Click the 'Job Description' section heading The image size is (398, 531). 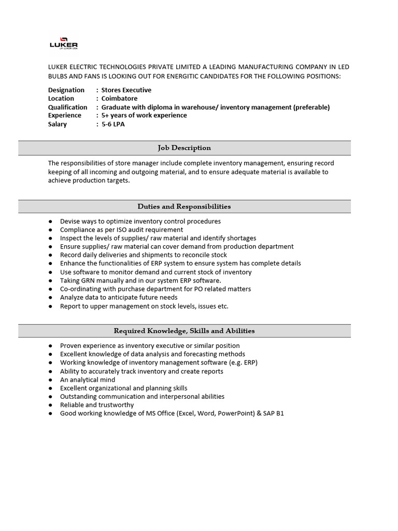pos(184,148)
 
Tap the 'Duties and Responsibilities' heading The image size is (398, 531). pos(184,206)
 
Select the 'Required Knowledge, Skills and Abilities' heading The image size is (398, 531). pos(184,330)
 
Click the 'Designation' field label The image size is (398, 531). pos(66,90)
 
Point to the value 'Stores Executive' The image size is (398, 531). pos(126,90)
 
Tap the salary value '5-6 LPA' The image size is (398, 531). pos(113,124)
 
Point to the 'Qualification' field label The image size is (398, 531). pos(68,107)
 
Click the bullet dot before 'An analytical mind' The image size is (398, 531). pos(50,380)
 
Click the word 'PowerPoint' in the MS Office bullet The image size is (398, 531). pos(235,413)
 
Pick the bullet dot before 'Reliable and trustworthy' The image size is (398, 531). pos(50,405)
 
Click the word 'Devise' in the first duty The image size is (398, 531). pos(70,221)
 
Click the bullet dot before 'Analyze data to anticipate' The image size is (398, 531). pos(50,298)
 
